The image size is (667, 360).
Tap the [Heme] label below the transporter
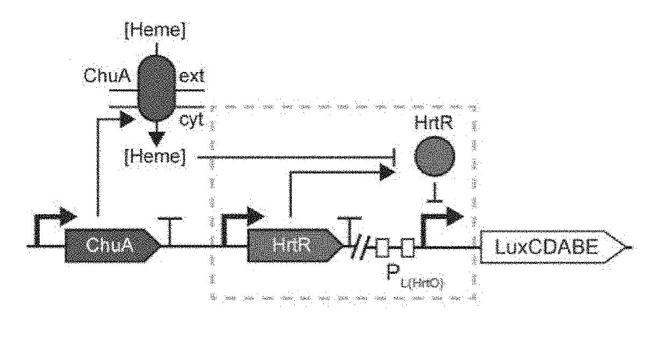(x=156, y=158)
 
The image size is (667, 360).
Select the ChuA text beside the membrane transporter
(x=107, y=76)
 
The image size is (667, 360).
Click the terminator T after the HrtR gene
(x=350, y=230)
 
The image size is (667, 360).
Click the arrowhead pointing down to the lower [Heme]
(x=156, y=138)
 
